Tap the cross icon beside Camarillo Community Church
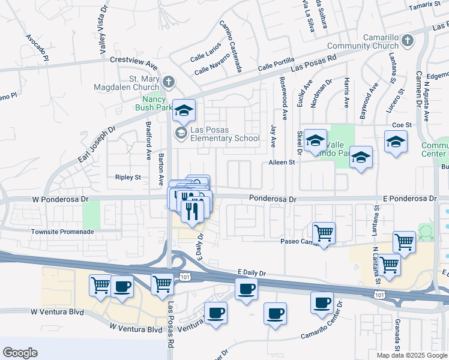pyautogui.click(x=408, y=41)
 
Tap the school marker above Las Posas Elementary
pyautogui.click(x=185, y=110)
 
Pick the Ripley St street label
pyautogui.click(x=127, y=177)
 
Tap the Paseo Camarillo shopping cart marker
pyautogui.click(x=324, y=233)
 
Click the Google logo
pyautogui.click(x=20, y=353)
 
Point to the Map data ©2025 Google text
pyautogui.click(x=412, y=355)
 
